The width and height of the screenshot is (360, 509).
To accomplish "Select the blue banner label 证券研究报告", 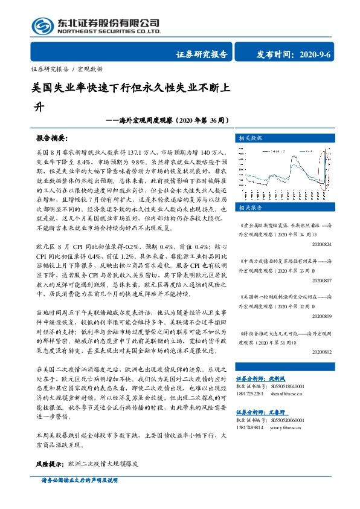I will [201, 54].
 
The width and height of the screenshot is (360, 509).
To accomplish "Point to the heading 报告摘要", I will [53, 138].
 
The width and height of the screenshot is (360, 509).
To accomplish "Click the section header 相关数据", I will [249, 137].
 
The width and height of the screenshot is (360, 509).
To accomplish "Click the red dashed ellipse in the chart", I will [326, 161].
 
